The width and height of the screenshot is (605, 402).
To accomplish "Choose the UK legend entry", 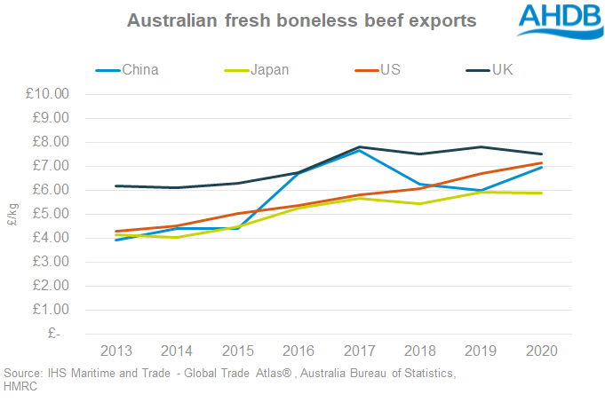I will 503,69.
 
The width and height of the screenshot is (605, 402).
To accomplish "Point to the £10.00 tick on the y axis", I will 54,94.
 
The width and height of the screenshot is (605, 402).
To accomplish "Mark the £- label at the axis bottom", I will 65,334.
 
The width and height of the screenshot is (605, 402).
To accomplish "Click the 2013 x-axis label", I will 119,351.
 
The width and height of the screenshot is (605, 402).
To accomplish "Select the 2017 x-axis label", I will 360,351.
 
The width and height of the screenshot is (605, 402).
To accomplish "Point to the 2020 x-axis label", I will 541,351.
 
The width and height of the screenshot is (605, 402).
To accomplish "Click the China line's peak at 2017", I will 360,150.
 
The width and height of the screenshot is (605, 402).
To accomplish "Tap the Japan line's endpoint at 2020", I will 541,193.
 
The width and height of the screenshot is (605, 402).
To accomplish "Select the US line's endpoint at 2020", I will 541,162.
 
